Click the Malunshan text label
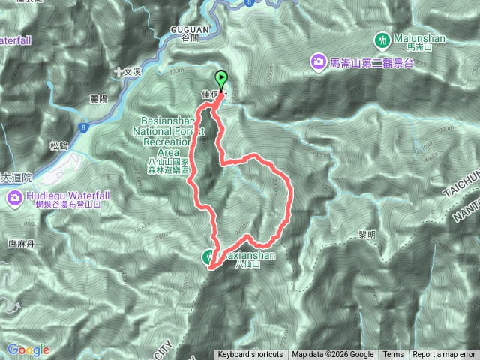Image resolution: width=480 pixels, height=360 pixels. click(x=418, y=37)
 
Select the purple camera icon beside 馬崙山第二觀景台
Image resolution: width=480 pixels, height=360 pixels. click(x=319, y=61)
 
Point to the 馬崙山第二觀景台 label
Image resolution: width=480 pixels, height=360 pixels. click(x=372, y=63)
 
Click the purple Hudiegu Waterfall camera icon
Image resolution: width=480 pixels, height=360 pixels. click(x=14, y=198)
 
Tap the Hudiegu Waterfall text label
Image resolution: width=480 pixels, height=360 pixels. click(x=67, y=196)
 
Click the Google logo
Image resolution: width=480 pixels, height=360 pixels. click(x=28, y=349)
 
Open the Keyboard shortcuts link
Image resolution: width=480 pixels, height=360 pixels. click(x=250, y=355)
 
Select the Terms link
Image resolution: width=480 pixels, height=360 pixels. click(x=393, y=355)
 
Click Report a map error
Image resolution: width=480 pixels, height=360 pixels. click(x=445, y=355)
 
